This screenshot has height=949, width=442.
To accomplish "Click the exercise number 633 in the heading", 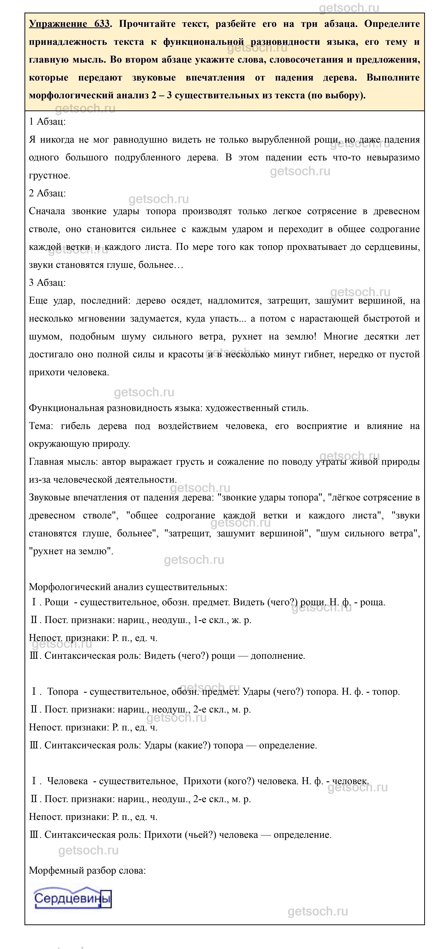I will tap(102, 24).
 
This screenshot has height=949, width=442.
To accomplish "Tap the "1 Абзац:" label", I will tap(47, 122).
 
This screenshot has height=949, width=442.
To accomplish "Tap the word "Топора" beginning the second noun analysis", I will tap(63, 692).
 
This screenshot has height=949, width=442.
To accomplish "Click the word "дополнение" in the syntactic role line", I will tap(278, 656).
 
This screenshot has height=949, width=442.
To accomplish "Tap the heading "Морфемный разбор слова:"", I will tap(87, 871).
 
